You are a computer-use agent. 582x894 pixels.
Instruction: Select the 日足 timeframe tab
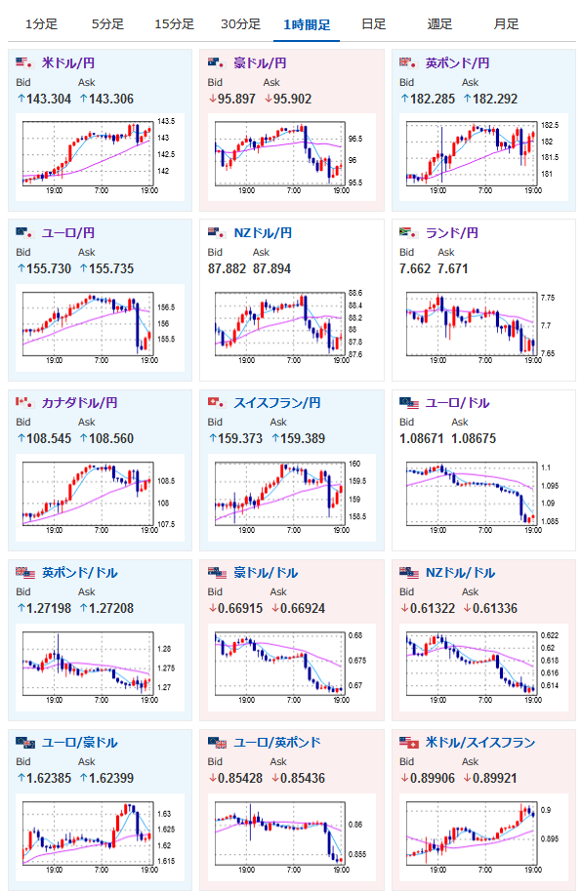[374, 24]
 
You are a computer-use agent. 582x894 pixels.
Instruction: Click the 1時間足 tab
[307, 24]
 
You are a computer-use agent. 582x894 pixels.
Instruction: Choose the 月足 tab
[506, 24]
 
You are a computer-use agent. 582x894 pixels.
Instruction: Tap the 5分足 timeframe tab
[107, 24]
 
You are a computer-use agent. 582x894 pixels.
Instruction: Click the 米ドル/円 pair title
[68, 62]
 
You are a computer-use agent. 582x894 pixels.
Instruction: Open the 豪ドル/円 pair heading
[260, 62]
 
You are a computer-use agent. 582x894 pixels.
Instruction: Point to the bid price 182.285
[433, 100]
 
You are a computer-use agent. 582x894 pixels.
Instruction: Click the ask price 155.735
[111, 269]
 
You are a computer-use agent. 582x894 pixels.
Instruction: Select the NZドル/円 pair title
[263, 232]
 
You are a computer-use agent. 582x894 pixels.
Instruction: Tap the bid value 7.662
[415, 269]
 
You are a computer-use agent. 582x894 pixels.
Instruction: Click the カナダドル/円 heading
[79, 402]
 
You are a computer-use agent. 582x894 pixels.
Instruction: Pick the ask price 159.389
[303, 439]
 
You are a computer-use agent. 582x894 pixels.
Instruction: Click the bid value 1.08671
[422, 439]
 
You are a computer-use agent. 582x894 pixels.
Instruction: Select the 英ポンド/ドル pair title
[79, 573]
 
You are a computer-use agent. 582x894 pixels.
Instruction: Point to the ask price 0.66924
[303, 609]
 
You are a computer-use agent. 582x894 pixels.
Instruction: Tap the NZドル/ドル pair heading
[461, 573]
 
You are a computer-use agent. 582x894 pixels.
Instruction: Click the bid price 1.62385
[49, 779]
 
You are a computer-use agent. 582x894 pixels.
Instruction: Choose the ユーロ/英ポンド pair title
[277, 743]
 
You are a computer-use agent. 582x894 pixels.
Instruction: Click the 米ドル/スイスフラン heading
[480, 743]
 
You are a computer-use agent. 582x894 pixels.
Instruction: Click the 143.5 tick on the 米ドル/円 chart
[166, 121]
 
